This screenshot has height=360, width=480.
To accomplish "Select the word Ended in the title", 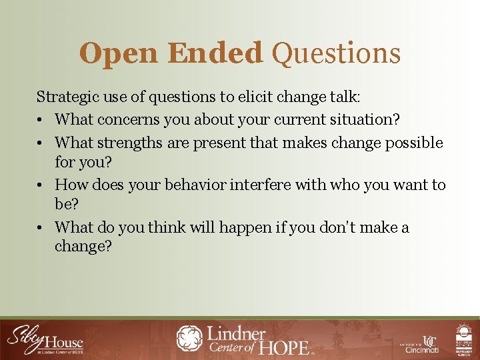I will tap(215, 53).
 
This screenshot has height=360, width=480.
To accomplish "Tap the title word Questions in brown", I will tap(337, 54).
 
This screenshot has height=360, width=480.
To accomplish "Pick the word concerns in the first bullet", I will tap(127, 120).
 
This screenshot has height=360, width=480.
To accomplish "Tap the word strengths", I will tap(129, 143).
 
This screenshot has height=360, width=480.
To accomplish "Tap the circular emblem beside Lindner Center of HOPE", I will tap(189, 338).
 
